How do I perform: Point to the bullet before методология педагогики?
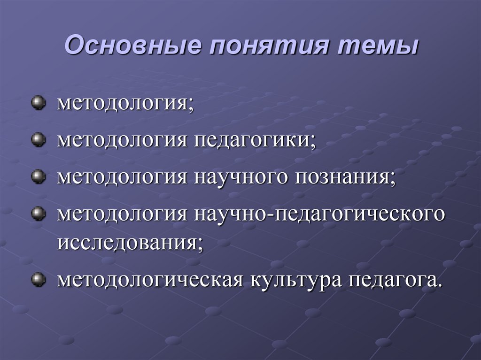38,139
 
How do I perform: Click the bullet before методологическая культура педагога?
38,280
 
